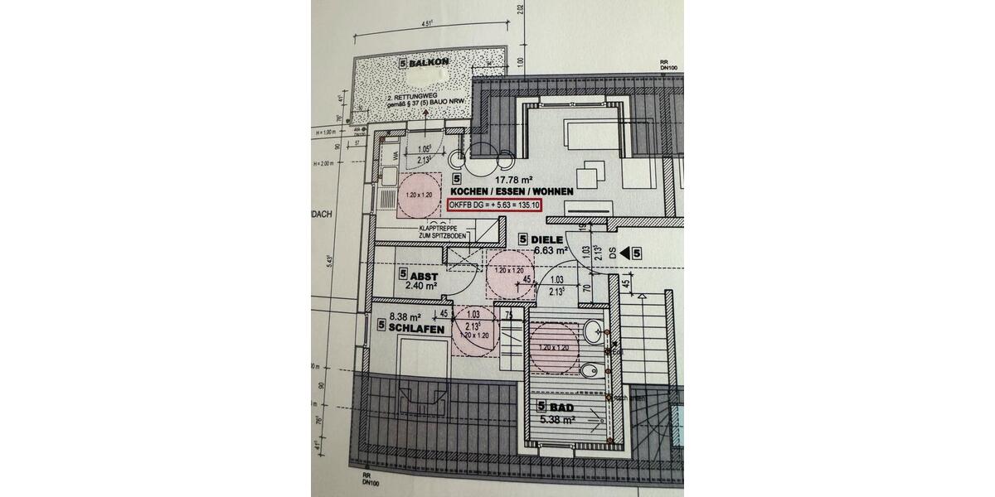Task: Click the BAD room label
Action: pyautogui.click(x=562, y=407)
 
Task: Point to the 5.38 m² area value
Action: pyautogui.click(x=557, y=420)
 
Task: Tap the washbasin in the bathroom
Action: pyautogui.click(x=595, y=333)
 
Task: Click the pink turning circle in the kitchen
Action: pyautogui.click(x=420, y=196)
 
